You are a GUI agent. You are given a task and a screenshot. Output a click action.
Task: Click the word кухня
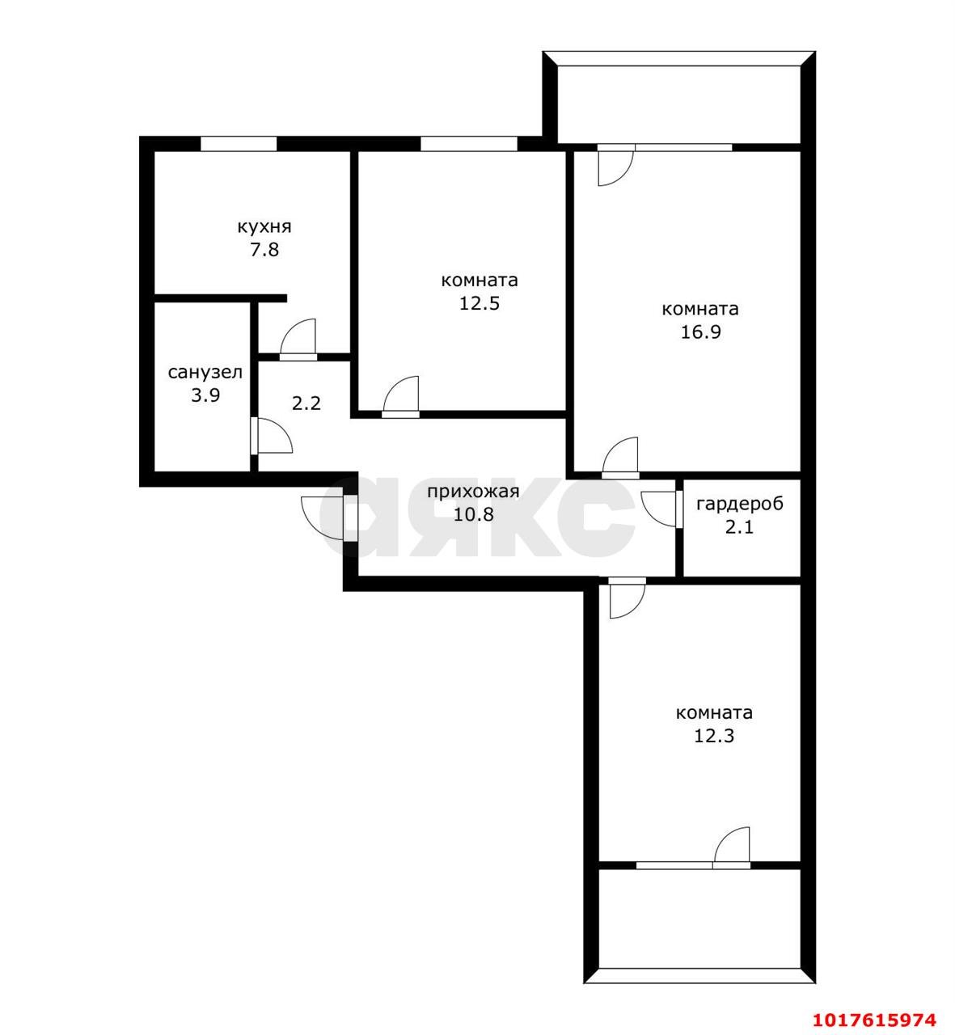pos(264,227)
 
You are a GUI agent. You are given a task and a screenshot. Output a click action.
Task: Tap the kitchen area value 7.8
pos(264,250)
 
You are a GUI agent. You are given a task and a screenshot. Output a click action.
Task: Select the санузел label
pos(205,372)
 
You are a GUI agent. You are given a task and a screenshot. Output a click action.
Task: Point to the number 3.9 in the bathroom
pos(205,395)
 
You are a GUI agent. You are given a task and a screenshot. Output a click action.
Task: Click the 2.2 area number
pos(306,403)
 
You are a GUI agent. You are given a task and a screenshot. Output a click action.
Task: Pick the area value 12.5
pos(479,303)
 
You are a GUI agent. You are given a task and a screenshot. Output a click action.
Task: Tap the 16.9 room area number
pos(700,332)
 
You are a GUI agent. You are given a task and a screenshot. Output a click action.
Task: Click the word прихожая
pos(473,492)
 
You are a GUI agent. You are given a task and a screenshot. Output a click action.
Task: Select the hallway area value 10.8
pos(473,515)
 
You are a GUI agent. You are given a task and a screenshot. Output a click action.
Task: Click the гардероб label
pos(740,505)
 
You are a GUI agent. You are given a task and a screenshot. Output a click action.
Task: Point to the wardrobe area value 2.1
pos(739,527)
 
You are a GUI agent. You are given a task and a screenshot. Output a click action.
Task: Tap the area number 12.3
pos(714,736)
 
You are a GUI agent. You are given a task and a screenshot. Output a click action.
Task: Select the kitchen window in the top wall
pos(239,144)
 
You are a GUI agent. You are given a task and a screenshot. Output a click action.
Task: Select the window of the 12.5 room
pos(469,144)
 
